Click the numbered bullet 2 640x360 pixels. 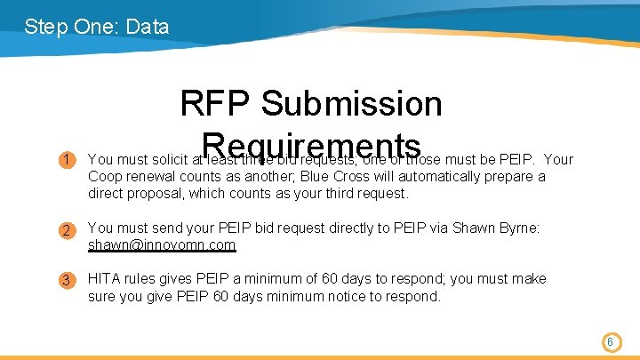[67, 231]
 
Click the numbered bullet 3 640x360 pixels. [67, 281]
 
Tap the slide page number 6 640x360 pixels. [611, 341]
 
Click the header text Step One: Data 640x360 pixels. [97, 27]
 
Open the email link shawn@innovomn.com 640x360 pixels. [162, 244]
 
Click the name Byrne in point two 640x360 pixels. [517, 228]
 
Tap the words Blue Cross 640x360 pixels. [309, 176]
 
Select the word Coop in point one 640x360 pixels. [106, 176]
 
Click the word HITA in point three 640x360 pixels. [105, 279]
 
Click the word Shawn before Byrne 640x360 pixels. [471, 228]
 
